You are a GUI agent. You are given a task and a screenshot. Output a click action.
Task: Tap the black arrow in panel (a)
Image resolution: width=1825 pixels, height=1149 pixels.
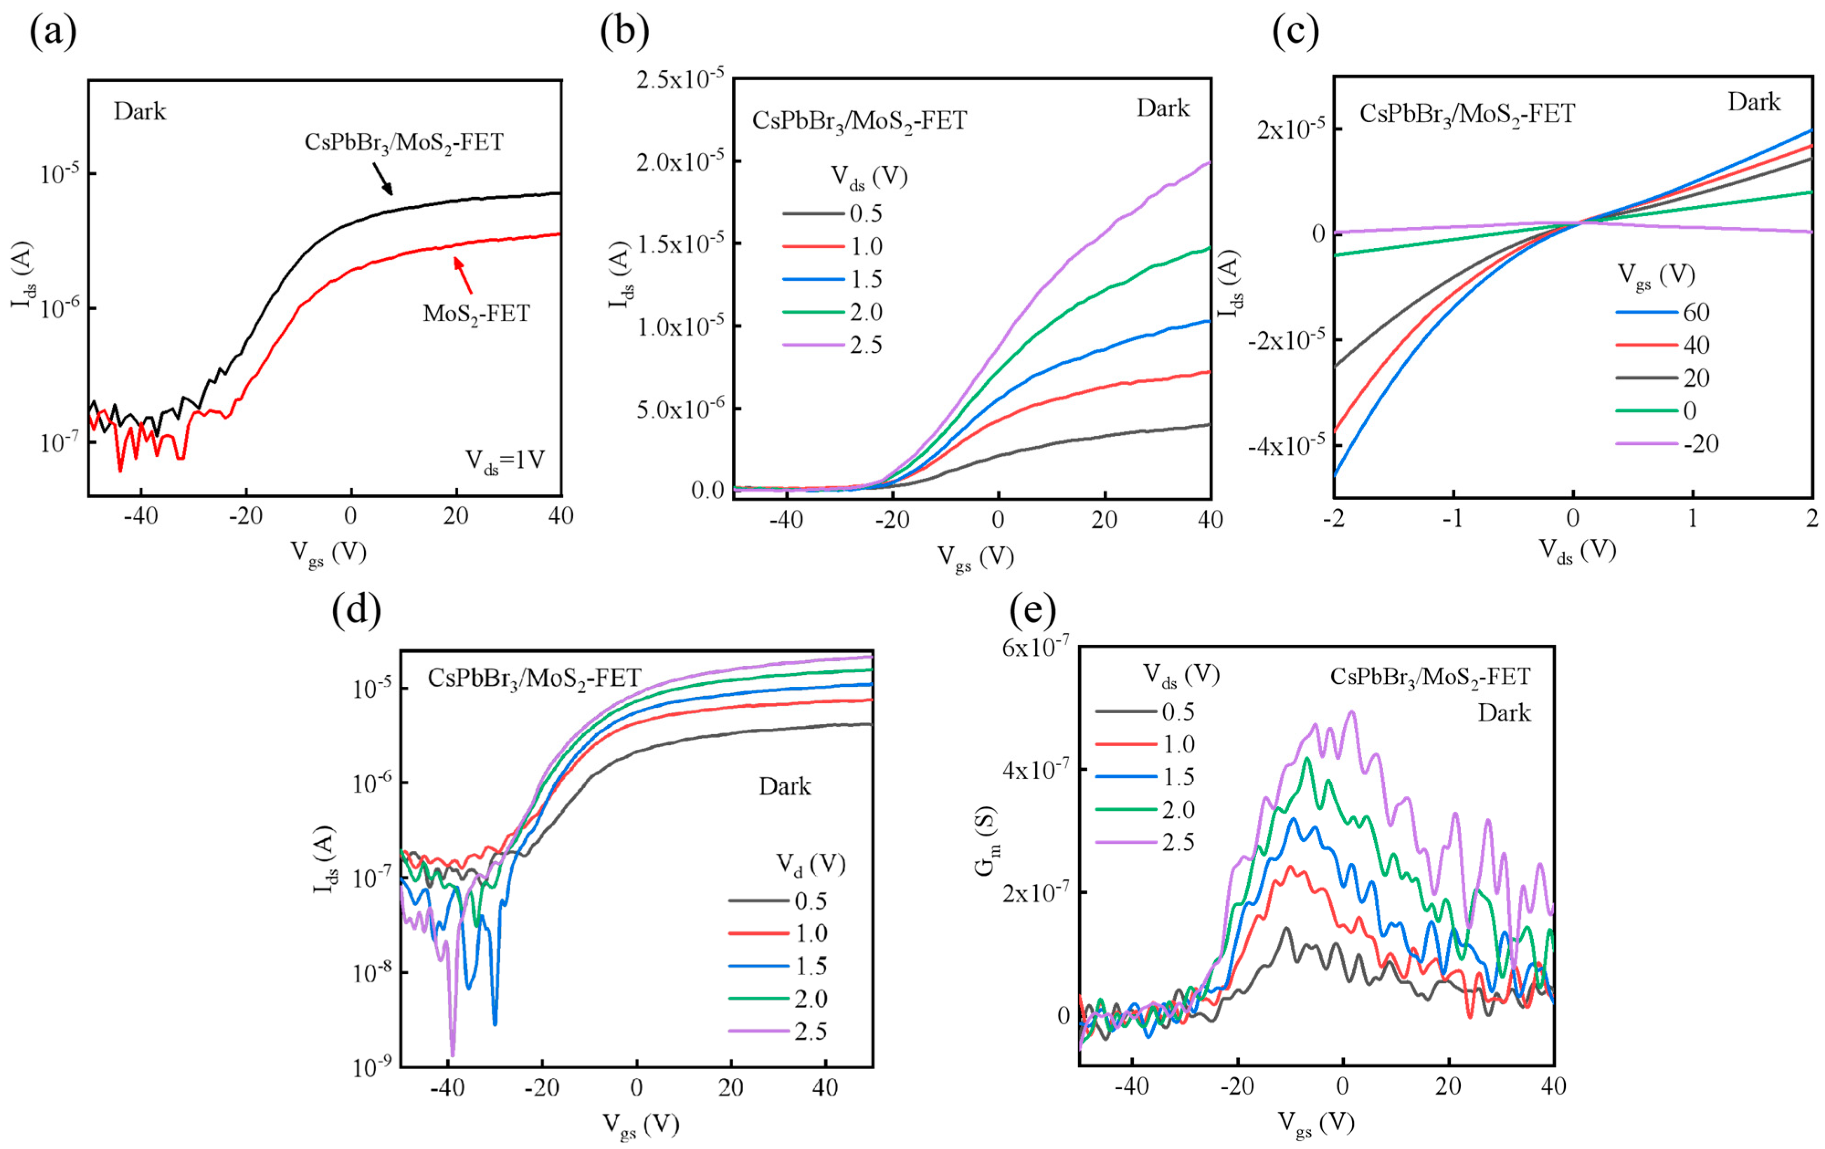383,179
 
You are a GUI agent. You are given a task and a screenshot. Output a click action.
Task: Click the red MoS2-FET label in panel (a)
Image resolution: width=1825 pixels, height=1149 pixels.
476,313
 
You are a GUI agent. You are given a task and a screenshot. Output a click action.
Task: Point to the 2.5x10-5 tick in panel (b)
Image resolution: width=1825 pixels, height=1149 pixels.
680,79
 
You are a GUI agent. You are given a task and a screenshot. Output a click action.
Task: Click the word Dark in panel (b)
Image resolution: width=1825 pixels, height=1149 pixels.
1163,108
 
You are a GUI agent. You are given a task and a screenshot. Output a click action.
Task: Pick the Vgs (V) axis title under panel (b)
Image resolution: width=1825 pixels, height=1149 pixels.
975,558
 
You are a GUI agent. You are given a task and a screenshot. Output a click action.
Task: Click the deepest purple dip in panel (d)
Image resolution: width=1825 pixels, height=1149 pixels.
452,1052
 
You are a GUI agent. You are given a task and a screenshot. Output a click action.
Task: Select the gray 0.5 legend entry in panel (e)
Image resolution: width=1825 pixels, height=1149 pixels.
1144,711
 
